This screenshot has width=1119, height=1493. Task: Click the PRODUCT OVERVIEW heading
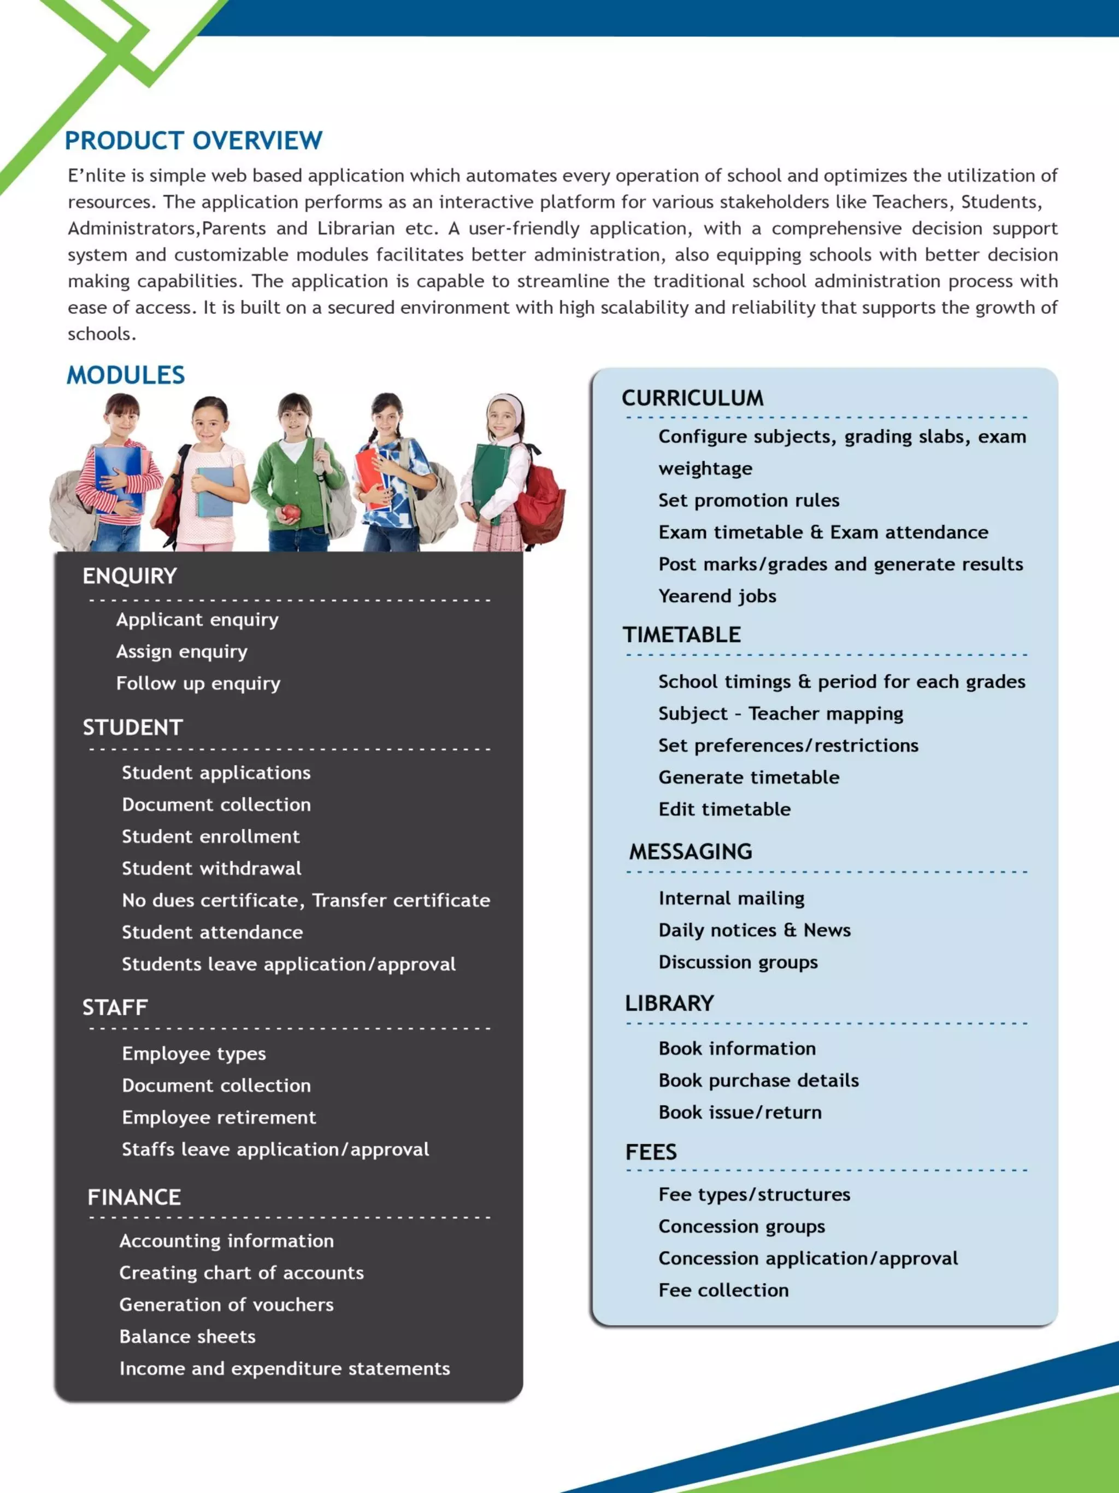pos(193,140)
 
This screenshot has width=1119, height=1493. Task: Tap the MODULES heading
pos(126,375)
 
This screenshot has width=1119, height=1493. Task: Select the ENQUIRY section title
pos(129,576)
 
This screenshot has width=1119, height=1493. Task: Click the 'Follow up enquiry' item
pos(198,683)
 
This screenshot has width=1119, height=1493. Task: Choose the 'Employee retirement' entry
pos(219,1117)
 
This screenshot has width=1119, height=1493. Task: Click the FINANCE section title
pos(134,1197)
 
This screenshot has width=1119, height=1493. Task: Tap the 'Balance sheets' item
pos(187,1337)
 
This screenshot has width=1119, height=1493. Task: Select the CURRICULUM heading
pos(692,398)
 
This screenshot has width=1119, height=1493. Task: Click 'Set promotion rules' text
pos(749,500)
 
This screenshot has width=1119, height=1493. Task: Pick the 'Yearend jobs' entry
pos(717,596)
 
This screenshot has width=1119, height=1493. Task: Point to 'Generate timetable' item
pos(749,777)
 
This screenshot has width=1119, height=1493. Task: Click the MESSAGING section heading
pos(691,852)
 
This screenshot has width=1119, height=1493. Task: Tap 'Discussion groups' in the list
pos(738,962)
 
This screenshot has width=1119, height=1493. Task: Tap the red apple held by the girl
pos(290,512)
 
